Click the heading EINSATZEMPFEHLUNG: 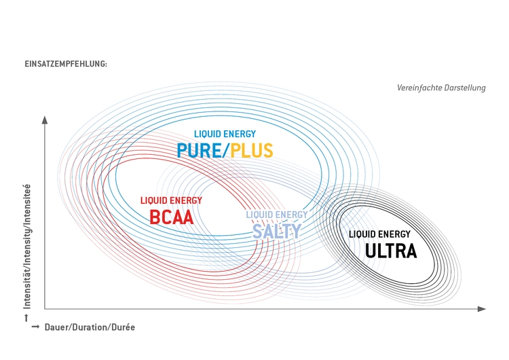66,64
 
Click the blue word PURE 199,150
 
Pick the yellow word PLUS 252,150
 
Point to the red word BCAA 172,217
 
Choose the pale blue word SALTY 277,232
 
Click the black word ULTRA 391,251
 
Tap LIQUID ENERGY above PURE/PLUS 225,134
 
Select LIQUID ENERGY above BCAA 172,200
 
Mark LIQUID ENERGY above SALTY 277,215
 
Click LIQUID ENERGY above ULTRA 379,234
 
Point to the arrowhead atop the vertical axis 45,120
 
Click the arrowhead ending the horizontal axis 482,308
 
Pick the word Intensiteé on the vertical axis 27,204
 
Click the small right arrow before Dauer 35,327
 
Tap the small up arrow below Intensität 26,318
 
